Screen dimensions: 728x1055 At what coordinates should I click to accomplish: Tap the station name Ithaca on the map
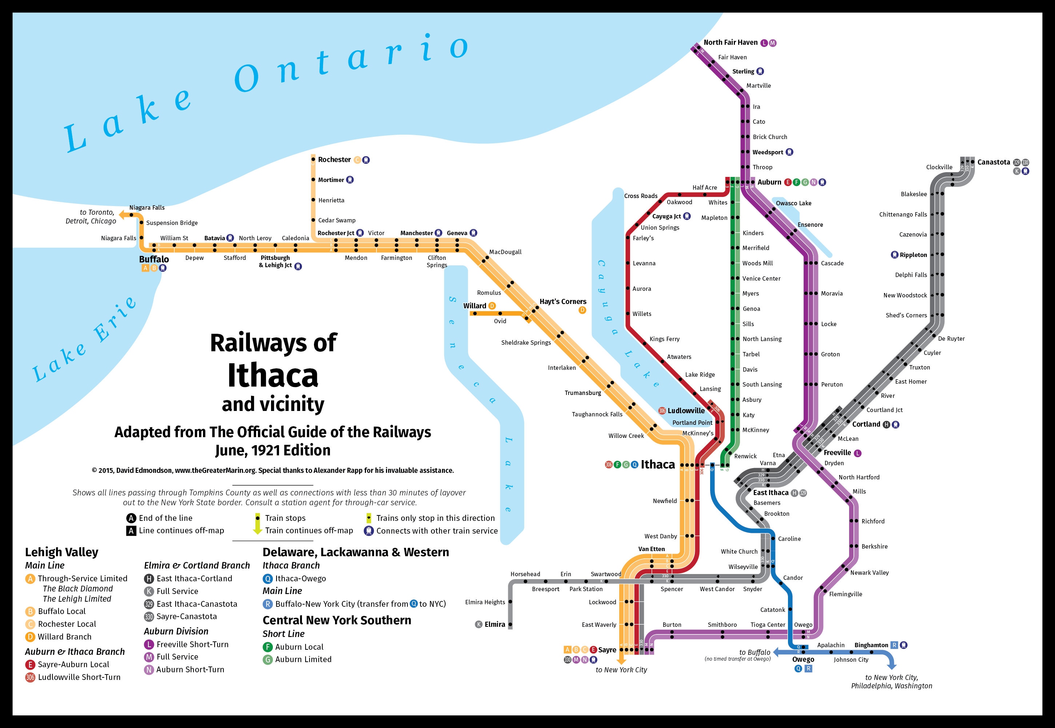point(657,464)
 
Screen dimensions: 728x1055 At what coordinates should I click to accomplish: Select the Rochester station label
point(334,160)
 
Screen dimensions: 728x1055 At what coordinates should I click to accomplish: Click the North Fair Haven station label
point(730,43)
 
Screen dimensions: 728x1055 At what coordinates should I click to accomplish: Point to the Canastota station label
point(994,162)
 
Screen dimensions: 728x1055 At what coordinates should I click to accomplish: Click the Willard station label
point(475,306)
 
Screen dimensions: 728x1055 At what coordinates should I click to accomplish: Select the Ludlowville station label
point(686,411)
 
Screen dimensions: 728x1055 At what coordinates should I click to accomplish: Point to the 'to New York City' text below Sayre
point(621,670)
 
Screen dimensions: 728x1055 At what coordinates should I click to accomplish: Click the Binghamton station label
point(871,645)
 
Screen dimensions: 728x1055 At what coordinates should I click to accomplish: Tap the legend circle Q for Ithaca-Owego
point(268,578)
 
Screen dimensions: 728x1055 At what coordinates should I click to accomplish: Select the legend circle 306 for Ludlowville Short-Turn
point(30,677)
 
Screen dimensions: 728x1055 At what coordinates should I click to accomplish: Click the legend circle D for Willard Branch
point(30,637)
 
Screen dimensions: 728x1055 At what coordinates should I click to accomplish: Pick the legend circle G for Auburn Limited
point(268,660)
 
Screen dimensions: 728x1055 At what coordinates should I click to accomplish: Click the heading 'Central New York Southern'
point(337,620)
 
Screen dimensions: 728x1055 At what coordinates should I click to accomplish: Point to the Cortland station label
point(866,424)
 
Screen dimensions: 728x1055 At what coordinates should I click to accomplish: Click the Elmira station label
point(495,625)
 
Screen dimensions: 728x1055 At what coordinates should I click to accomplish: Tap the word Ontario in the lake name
point(351,64)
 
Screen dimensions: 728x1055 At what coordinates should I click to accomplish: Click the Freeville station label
point(837,452)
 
